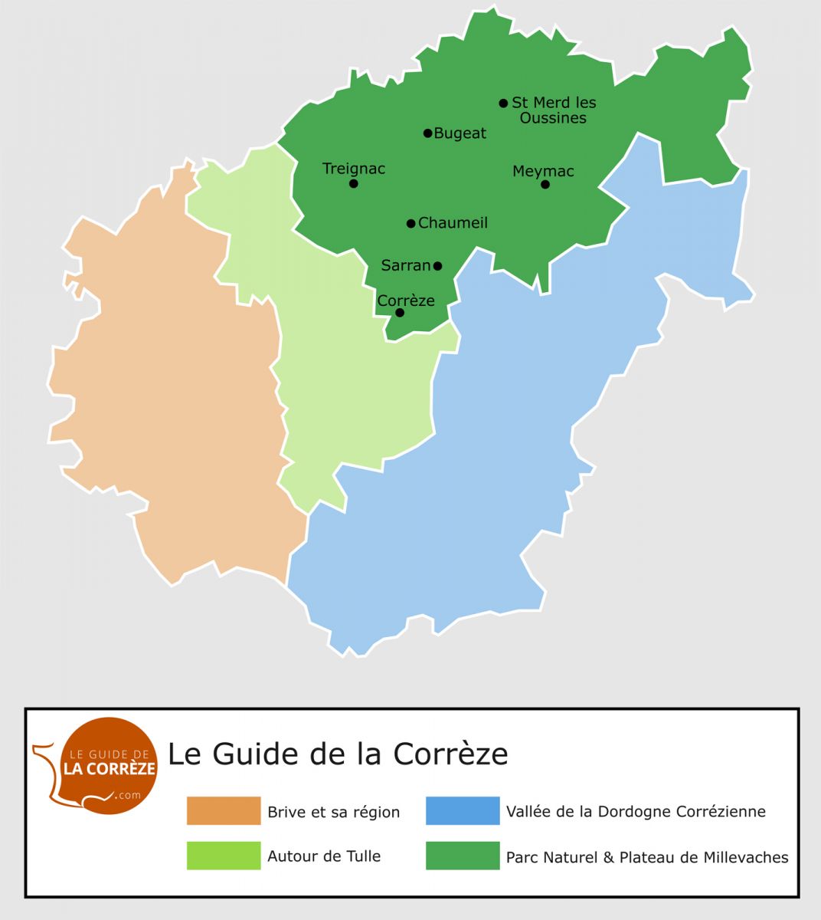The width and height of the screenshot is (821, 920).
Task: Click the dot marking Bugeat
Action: coord(428,133)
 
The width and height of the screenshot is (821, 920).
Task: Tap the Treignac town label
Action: coord(354,169)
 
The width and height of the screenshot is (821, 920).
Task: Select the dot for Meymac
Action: coord(545,184)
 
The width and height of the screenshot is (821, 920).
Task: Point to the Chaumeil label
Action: coord(453,223)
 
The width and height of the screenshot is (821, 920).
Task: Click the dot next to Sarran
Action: coord(437,266)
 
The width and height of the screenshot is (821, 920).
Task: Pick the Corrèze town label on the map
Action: coord(406,301)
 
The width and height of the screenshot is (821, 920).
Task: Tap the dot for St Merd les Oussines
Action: coord(503,103)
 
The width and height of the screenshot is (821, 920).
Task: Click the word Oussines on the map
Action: coord(553,118)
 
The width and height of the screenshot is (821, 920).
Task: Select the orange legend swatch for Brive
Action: coord(224,811)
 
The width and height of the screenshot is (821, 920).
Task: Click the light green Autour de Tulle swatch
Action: coord(224,856)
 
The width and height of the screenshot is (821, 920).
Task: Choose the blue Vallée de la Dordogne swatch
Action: coord(463,811)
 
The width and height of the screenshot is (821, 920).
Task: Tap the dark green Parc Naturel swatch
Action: coord(463,856)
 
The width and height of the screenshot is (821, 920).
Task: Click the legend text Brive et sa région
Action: coord(333,812)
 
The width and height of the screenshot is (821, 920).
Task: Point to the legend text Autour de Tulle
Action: coord(324,856)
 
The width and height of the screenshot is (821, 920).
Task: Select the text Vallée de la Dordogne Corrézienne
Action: coord(636,811)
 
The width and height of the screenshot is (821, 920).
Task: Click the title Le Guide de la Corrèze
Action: coord(338,754)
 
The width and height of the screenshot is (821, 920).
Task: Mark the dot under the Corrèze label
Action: coord(400,313)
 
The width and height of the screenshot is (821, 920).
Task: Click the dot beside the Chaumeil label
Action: coord(410,223)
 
